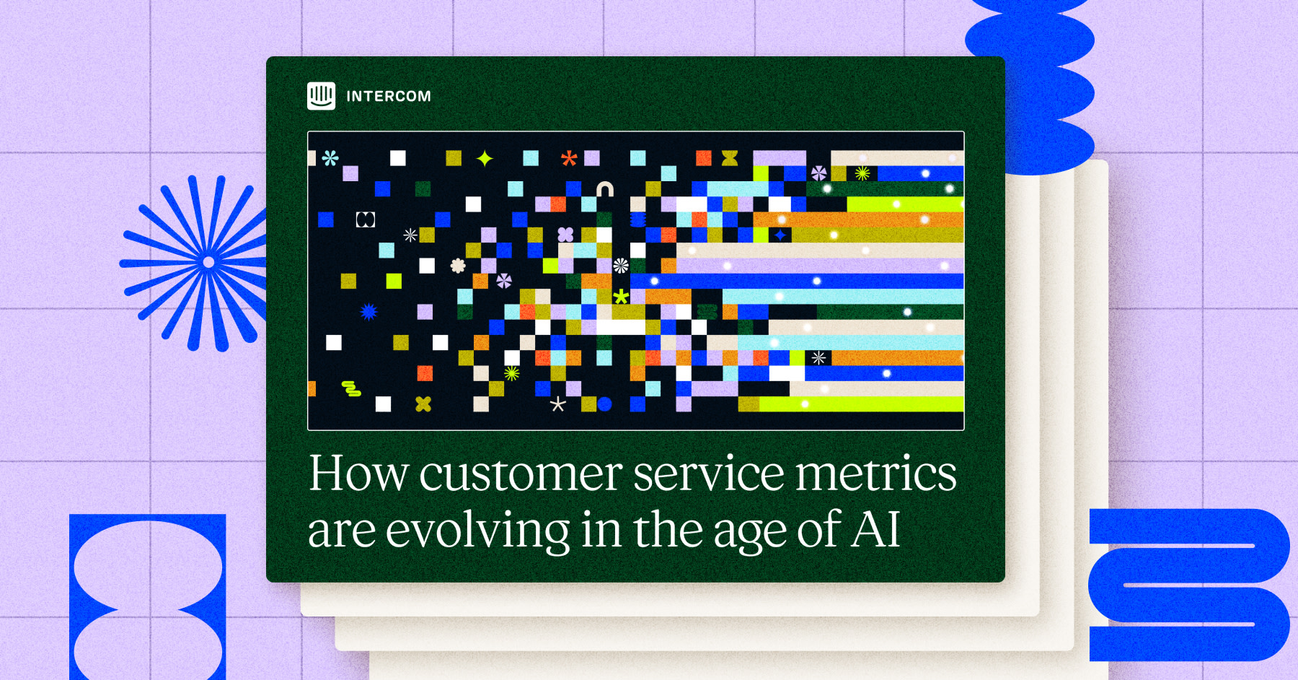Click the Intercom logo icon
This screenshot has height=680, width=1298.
pyautogui.click(x=321, y=96)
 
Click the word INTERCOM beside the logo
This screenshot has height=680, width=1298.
pyautogui.click(x=389, y=96)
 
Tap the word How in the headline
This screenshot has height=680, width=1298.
pyautogui.click(x=358, y=474)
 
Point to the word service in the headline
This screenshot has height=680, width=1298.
pyautogui.click(x=709, y=475)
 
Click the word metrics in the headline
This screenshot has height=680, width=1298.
pyautogui.click(x=876, y=475)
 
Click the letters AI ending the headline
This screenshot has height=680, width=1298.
pyautogui.click(x=876, y=529)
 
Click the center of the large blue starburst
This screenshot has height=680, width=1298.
pyautogui.click(x=208, y=262)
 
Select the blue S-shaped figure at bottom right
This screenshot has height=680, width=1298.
pyautogui.click(x=1189, y=585)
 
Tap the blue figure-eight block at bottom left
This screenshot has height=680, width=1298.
pyautogui.click(x=148, y=597)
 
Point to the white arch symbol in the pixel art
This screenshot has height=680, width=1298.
pyautogui.click(x=605, y=189)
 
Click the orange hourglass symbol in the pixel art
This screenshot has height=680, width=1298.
pyautogui.click(x=730, y=158)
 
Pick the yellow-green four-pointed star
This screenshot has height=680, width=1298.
pyautogui.click(x=485, y=158)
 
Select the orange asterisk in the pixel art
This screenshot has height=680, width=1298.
pyautogui.click(x=569, y=158)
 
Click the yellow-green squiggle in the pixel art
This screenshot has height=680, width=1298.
pyautogui.click(x=351, y=389)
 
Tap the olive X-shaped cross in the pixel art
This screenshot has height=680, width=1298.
pyautogui.click(x=423, y=404)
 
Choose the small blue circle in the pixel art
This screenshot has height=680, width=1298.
pyautogui.click(x=604, y=404)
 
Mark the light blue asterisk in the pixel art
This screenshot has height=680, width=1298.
pyautogui.click(x=330, y=158)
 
